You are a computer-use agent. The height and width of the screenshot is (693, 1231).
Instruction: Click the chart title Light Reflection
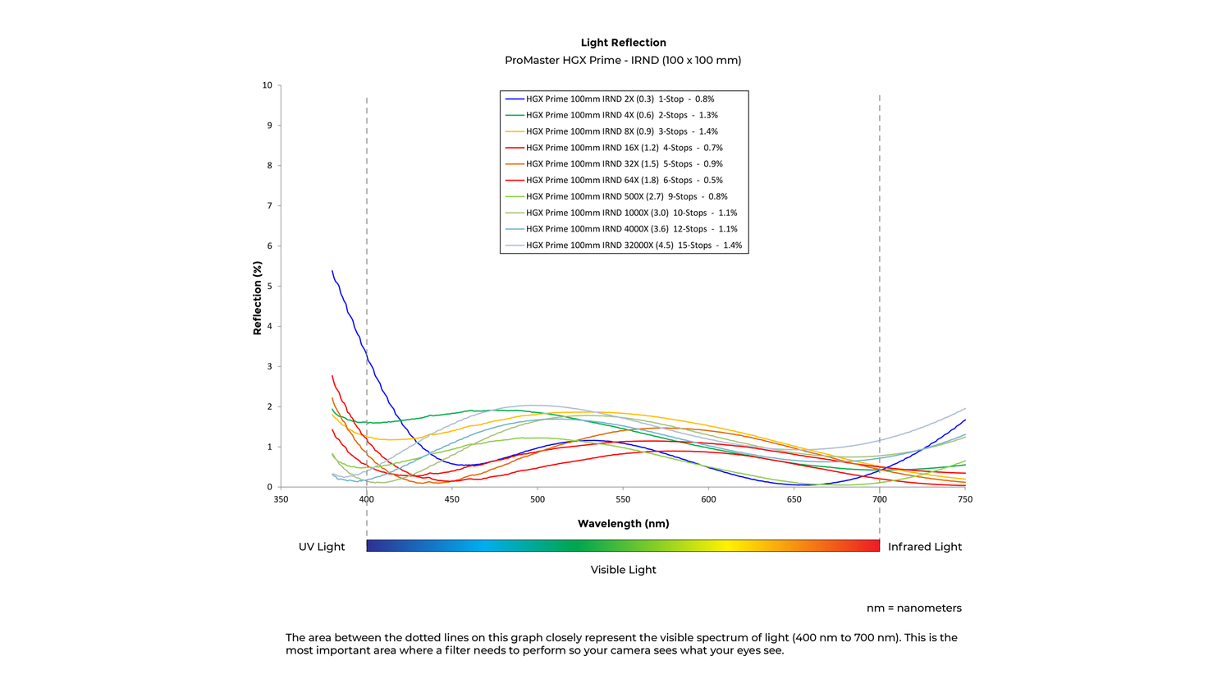(x=623, y=43)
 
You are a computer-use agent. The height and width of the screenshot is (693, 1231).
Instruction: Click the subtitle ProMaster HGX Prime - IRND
(x=623, y=60)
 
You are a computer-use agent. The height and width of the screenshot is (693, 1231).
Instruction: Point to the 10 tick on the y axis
(x=268, y=85)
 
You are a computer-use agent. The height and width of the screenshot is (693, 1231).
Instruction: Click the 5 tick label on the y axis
(x=268, y=286)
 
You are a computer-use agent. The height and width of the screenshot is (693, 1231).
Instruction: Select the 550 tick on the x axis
(x=623, y=499)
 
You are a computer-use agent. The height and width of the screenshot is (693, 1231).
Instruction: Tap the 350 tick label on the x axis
(x=281, y=499)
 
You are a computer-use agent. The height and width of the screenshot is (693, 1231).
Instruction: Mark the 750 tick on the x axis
(x=965, y=499)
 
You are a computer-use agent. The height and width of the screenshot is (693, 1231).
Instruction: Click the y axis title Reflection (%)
(x=258, y=298)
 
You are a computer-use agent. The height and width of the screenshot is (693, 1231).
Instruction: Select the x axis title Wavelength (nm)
(x=623, y=524)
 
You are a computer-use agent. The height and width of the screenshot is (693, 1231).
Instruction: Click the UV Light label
(x=322, y=547)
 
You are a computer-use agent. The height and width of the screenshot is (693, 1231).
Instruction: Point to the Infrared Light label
(x=925, y=547)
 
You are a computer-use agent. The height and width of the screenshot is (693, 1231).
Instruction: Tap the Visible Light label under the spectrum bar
(x=623, y=570)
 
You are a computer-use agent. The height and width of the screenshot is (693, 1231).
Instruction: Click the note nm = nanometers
(x=913, y=608)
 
